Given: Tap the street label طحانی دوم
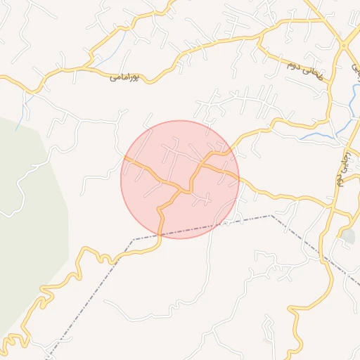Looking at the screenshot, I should tap(303, 69).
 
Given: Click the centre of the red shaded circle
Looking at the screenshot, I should tap(180, 179).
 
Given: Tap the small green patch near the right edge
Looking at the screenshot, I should tap(349, 236).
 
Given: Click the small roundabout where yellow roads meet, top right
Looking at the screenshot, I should tap(343, 44).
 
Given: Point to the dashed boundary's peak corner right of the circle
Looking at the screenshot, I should tap(271, 216).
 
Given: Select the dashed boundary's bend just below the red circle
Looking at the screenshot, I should tap(134, 240).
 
